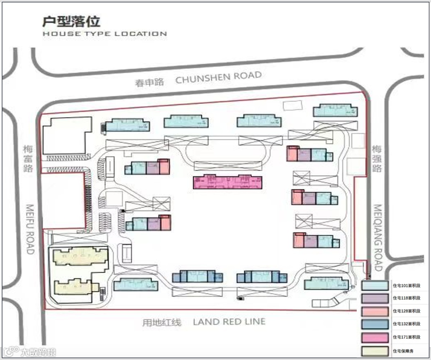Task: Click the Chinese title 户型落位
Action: point(71,21)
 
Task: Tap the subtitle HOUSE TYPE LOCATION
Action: point(105,33)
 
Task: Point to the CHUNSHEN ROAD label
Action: point(219,77)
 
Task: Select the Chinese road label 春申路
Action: point(149,83)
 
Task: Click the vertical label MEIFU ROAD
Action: point(30,229)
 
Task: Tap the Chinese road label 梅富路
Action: point(28,158)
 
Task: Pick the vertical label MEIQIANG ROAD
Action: point(378,238)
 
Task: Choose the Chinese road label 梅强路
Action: point(377,158)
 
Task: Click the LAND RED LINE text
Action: point(229,321)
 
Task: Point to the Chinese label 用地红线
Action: point(162,322)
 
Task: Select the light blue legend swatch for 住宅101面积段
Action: point(375,285)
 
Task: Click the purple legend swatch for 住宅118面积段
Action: point(375,298)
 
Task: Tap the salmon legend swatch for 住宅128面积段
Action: point(375,311)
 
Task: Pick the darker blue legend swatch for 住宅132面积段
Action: point(375,324)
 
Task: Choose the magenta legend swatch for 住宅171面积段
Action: point(375,337)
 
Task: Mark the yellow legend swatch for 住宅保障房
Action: point(375,351)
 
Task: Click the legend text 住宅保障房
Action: point(404,351)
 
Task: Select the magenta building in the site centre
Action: point(227,182)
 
